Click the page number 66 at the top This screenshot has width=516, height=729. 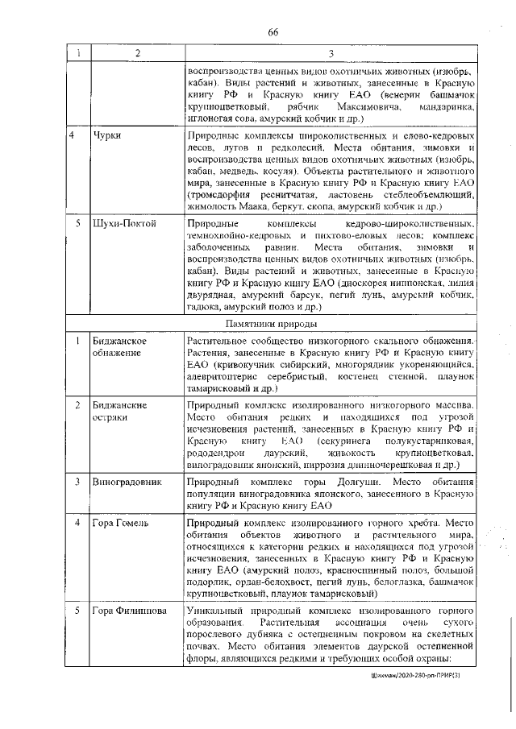pyautogui.click(x=273, y=31)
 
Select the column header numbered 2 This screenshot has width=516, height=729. pyautogui.click(x=135, y=53)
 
